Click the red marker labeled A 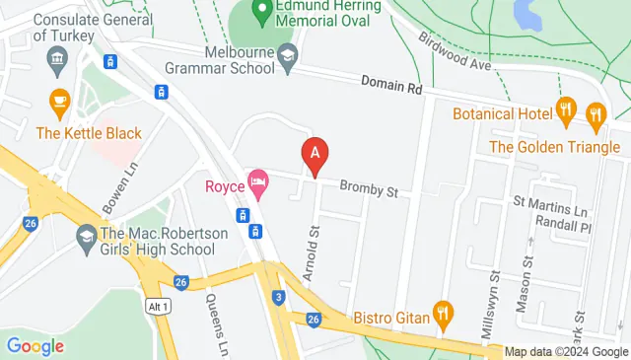click(x=314, y=156)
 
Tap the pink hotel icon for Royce click(x=258, y=180)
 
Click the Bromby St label click(x=368, y=187)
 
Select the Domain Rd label click(x=391, y=87)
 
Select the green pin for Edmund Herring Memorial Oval click(x=261, y=13)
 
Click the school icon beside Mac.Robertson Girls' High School click(x=86, y=237)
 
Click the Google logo click(x=35, y=346)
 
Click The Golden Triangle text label click(x=555, y=148)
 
